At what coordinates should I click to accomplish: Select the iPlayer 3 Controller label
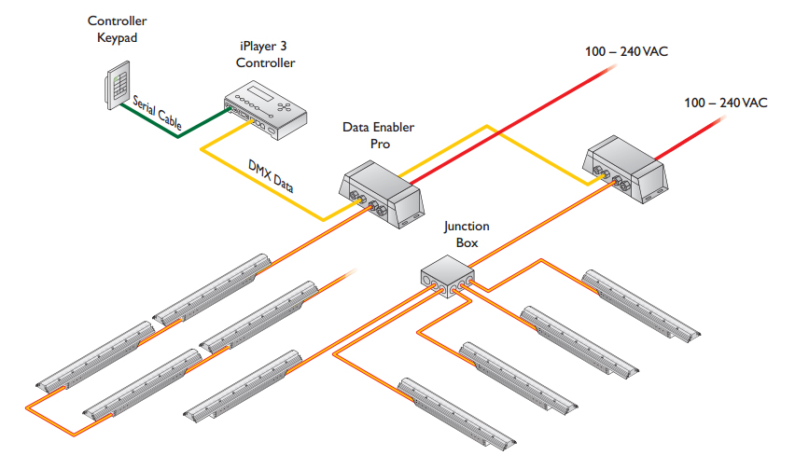pyautogui.click(x=265, y=55)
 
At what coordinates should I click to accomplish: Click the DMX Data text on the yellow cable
pyautogui.click(x=271, y=176)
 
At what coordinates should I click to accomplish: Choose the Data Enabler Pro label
pyautogui.click(x=378, y=136)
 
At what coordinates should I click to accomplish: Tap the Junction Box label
pyautogui.click(x=466, y=234)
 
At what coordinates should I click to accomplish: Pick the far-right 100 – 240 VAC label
pyautogui.click(x=725, y=103)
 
